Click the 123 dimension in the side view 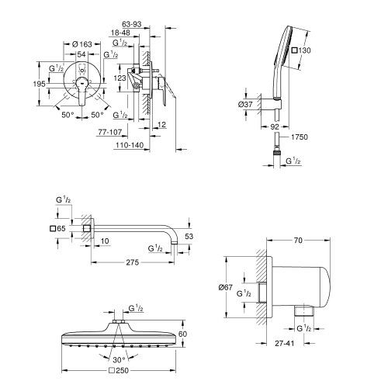pos(120,78)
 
